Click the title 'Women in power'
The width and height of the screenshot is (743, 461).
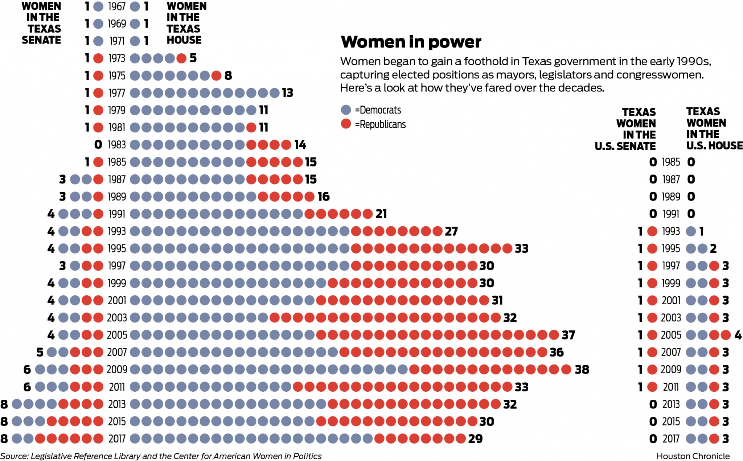[411, 42]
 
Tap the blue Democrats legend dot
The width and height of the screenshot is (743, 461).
[346, 110]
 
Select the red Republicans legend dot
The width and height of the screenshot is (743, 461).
[346, 124]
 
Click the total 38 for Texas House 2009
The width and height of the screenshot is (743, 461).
[582, 370]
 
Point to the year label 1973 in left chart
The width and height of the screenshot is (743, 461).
[117, 58]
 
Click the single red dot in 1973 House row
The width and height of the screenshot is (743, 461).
[181, 58]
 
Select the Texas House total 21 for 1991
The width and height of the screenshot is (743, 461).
[381, 214]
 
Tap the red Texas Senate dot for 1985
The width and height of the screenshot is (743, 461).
[98, 162]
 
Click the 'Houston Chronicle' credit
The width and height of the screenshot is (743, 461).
[693, 456]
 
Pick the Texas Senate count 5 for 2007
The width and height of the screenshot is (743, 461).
[40, 352]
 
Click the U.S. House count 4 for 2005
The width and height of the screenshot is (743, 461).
[738, 335]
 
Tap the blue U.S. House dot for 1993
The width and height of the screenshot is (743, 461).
[691, 231]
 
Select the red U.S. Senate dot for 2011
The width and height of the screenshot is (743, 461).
[652, 387]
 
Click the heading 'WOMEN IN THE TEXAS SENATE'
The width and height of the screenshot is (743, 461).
[41, 23]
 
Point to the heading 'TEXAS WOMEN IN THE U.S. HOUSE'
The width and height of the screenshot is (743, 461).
[714, 128]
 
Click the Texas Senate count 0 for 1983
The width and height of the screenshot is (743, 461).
[98, 145]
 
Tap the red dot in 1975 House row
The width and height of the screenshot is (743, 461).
[216, 76]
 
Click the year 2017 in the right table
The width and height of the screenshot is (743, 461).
[671, 439]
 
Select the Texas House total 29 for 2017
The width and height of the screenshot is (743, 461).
[475, 439]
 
